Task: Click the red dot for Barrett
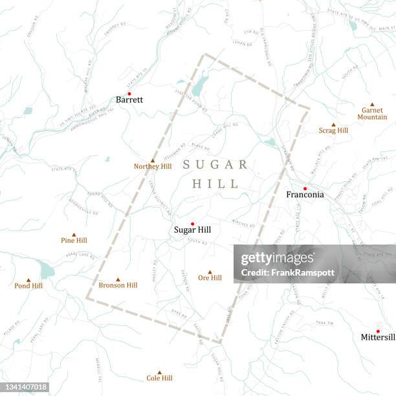[129, 93]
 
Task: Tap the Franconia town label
[305, 195]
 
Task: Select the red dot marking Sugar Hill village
[192, 224]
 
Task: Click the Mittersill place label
[378, 338]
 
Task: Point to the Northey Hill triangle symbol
[153, 160]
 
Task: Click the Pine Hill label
[74, 241]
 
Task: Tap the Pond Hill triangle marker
[28, 280]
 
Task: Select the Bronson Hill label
[118, 285]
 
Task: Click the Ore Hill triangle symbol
[210, 272]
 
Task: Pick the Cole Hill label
[159, 379]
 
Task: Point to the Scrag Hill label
[333, 131]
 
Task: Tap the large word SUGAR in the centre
[215, 164]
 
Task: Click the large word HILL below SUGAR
[215, 184]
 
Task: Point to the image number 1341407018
[25, 387]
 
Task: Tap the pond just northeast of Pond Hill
[47, 270]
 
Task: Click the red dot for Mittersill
[378, 331]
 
